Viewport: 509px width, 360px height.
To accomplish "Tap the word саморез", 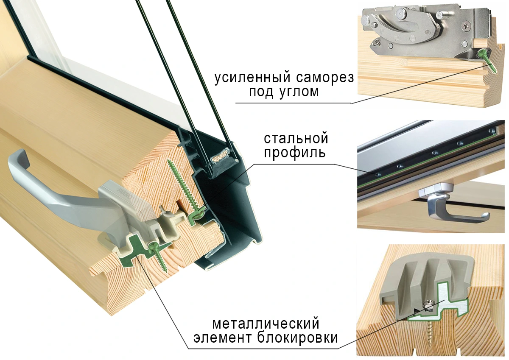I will click(328, 78).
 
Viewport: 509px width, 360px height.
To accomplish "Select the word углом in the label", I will click(296, 92).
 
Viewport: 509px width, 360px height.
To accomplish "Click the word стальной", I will click(296, 139).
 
